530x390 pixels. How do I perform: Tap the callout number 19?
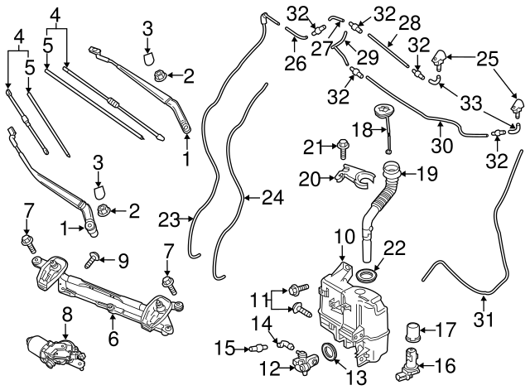[x=430, y=174]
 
